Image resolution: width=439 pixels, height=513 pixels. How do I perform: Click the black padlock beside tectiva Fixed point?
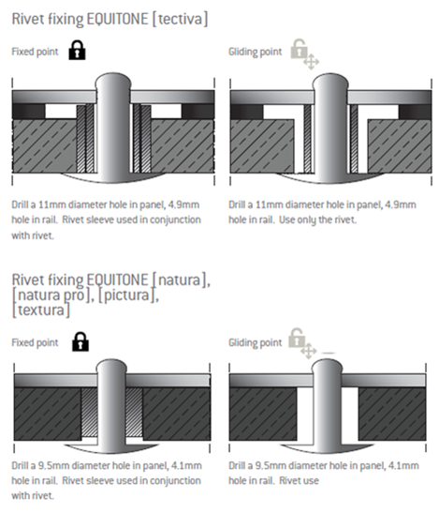tap(77, 50)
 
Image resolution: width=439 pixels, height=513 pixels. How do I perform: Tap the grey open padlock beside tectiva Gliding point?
tap(300, 49)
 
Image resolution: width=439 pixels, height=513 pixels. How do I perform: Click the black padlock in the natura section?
tap(80, 342)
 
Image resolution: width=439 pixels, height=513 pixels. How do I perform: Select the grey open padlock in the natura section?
tap(297, 338)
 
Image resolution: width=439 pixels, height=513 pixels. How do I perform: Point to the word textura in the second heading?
tap(41, 309)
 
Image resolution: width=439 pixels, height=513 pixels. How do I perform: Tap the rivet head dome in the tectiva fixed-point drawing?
tap(113, 82)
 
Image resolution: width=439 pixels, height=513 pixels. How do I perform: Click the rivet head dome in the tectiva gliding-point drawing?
tap(330, 82)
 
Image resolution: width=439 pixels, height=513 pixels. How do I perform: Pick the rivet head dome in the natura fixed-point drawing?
tap(111, 367)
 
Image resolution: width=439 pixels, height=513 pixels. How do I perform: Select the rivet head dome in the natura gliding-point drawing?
tap(327, 367)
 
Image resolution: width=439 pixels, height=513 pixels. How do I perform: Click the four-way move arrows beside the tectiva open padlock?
tap(312, 62)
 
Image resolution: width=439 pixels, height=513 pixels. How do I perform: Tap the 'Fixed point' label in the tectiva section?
tap(35, 52)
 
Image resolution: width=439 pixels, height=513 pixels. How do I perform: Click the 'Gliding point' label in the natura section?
tap(256, 342)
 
